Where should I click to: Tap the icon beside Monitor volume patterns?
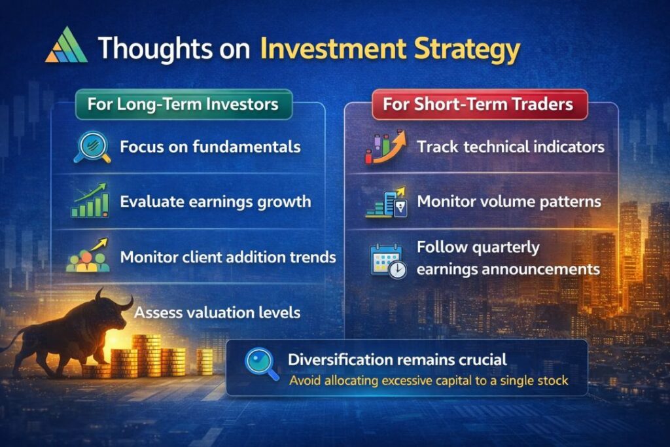point(386,202)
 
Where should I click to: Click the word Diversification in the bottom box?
point(337,359)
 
